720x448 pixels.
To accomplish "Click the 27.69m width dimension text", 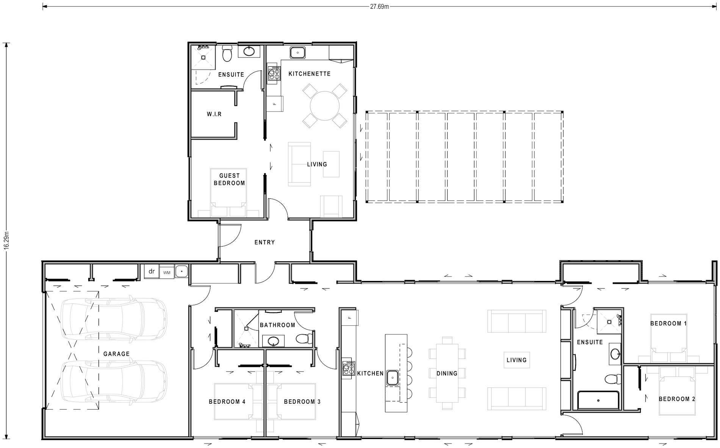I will pyautogui.click(x=379, y=6).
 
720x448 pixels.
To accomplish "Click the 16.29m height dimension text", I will pyautogui.click(x=6, y=240).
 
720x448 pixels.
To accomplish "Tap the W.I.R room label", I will pyautogui.click(x=214, y=114).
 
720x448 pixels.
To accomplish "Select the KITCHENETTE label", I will pyautogui.click(x=310, y=74).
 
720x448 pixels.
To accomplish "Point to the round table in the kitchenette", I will pyautogui.click(x=325, y=106).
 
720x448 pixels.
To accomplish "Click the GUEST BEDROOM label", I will pyautogui.click(x=229, y=179).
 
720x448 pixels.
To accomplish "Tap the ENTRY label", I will pyautogui.click(x=265, y=242).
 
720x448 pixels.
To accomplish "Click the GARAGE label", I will pyautogui.click(x=116, y=354).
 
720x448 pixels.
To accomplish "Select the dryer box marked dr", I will pyautogui.click(x=152, y=272).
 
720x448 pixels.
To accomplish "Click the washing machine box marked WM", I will pyautogui.click(x=166, y=272).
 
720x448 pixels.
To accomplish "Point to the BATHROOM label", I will pyautogui.click(x=277, y=325).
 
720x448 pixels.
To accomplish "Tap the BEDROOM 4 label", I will pyautogui.click(x=227, y=401).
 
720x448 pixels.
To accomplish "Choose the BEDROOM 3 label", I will pyautogui.click(x=302, y=401).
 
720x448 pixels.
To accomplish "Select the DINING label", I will pyautogui.click(x=447, y=373).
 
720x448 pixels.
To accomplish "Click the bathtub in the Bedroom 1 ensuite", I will pyautogui.click(x=598, y=400).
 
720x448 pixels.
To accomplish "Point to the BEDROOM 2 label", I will pyautogui.click(x=677, y=399).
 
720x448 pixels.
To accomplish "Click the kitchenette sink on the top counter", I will pyautogui.click(x=298, y=52).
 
